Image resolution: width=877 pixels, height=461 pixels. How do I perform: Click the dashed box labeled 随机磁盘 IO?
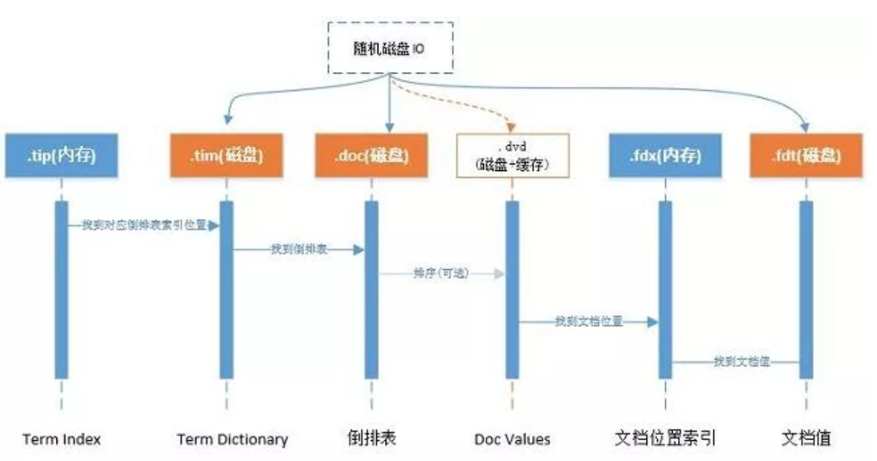point(389,48)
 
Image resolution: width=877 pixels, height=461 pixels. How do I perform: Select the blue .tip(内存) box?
point(61,155)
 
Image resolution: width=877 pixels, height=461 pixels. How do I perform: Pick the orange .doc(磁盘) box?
point(371,155)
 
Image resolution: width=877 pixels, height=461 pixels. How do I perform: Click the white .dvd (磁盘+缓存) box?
point(512,155)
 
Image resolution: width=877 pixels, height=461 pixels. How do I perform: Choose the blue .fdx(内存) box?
point(664,155)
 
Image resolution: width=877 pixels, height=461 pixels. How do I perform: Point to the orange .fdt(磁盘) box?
point(806,155)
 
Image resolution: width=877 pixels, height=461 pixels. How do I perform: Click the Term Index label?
point(62,439)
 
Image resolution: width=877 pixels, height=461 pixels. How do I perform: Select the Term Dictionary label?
point(232,439)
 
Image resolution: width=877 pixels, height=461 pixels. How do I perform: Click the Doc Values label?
point(512,439)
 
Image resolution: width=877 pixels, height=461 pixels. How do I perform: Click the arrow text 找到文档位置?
point(588,321)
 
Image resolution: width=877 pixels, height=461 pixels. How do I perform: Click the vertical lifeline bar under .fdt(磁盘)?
point(806,290)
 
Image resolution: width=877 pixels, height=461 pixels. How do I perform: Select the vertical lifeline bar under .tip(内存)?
point(62,290)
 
